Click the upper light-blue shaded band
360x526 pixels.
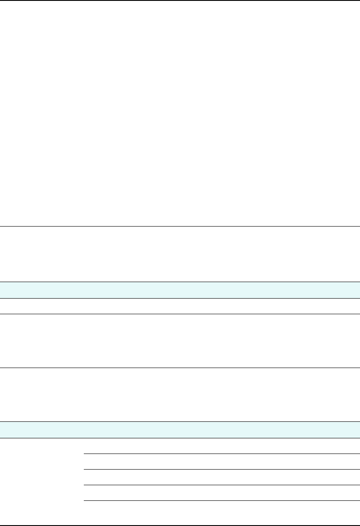coord(180,290)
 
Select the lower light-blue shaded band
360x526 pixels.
coord(180,430)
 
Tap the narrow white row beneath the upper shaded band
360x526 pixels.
coord(180,306)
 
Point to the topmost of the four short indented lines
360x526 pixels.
coord(221,454)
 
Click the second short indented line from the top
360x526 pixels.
coord(221,469)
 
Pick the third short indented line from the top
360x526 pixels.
coord(221,485)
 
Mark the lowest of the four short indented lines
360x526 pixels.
coord(221,501)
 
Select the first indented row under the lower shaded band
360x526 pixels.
coord(221,446)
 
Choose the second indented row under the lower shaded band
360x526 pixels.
coord(221,461)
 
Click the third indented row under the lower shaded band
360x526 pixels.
coord(221,477)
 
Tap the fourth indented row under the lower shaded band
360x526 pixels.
coord(221,493)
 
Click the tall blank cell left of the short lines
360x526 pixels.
coord(41,477)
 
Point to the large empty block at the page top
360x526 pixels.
coord(180,113)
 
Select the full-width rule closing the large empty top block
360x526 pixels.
coord(180,226)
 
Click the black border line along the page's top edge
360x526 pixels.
coord(180,0)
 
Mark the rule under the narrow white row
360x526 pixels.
coord(180,314)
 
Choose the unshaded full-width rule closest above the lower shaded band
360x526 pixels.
coord(180,368)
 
